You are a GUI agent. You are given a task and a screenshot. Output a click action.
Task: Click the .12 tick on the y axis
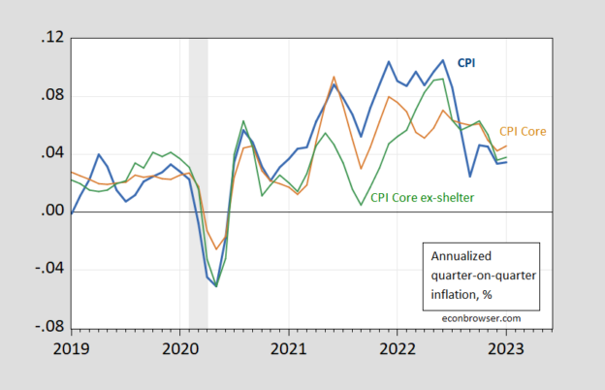51,38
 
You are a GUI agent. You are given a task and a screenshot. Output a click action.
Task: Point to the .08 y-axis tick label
51,96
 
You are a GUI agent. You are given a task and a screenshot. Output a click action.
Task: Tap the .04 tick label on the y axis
51,153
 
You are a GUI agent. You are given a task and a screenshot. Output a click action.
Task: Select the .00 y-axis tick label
51,211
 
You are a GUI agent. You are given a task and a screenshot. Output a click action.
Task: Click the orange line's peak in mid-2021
334,77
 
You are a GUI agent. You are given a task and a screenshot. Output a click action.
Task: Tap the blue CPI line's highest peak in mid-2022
443,60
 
